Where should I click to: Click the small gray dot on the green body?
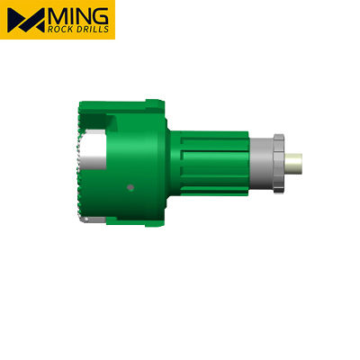[130, 187]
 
